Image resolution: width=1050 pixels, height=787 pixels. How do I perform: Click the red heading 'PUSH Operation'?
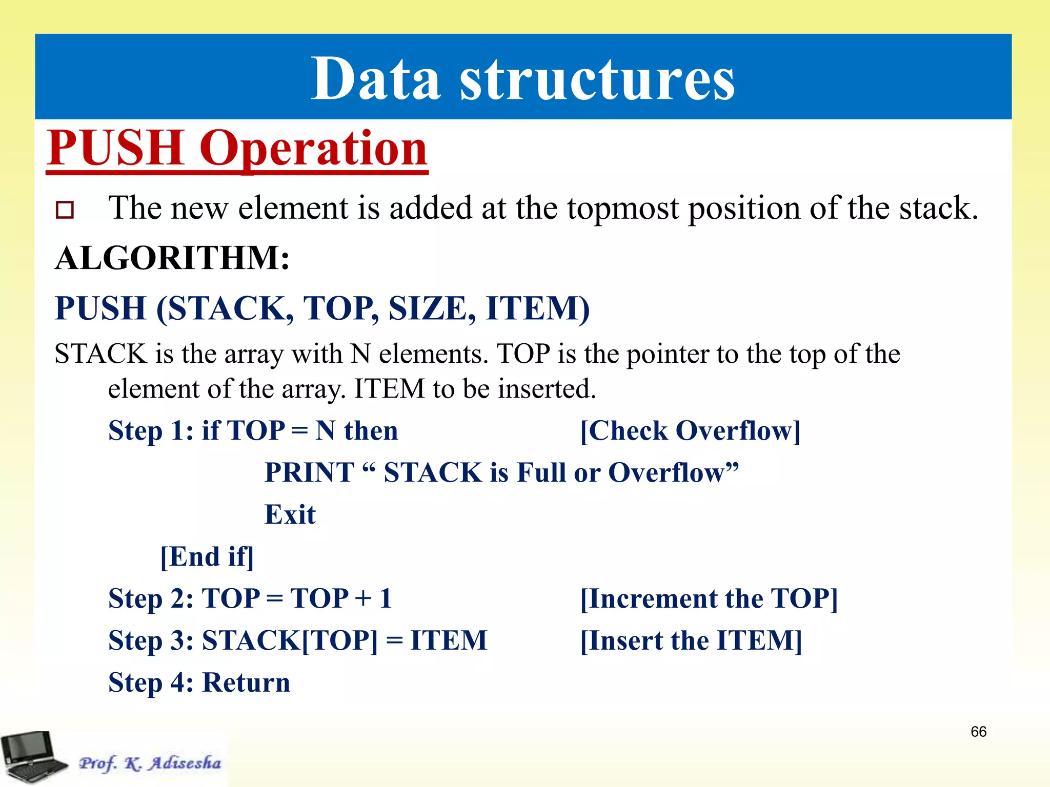click(237, 148)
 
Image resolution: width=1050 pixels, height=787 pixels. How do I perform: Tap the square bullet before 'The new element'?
click(65, 210)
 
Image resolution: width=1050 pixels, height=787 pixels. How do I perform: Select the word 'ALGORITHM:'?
click(172, 258)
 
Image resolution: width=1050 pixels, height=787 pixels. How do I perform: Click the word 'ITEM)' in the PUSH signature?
click(538, 308)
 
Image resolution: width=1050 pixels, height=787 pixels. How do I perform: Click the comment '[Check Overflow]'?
click(690, 430)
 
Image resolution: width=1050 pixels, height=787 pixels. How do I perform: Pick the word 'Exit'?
click(290, 514)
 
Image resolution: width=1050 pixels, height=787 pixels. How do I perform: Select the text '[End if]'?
click(207, 557)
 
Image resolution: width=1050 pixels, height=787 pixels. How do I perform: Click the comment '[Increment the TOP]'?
click(709, 598)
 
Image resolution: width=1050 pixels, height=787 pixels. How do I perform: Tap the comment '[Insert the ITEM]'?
click(691, 640)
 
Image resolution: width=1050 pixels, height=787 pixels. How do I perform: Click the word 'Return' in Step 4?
click(247, 682)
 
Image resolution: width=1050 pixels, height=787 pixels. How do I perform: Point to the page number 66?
click(978, 732)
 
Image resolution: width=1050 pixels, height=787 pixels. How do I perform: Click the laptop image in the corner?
click(33, 758)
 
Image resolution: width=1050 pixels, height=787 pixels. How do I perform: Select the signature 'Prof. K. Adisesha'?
click(150, 763)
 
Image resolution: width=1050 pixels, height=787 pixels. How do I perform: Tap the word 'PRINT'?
click(309, 472)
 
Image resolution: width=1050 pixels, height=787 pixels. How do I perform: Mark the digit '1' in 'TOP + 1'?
click(386, 598)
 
